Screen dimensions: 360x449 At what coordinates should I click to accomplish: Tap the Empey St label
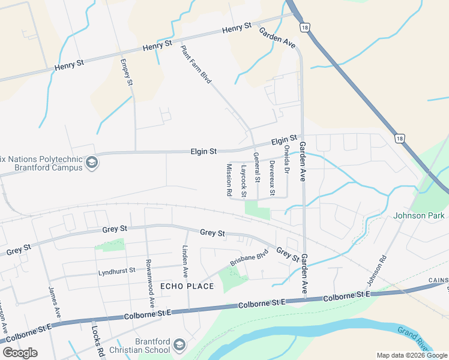tap(126, 71)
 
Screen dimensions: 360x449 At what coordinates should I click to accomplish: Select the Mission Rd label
tap(229, 180)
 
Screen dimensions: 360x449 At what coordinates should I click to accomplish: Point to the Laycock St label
tap(244, 181)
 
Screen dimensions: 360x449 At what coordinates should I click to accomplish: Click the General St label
tap(256, 167)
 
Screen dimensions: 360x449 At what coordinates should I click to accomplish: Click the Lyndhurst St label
tap(117, 272)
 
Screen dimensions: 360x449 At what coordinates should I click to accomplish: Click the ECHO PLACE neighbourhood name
tap(187, 286)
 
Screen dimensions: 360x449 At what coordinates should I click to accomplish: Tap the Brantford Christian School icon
tap(179, 345)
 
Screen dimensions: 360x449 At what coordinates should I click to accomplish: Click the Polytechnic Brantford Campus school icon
tap(92, 163)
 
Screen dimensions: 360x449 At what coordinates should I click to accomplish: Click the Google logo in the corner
tap(20, 353)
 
